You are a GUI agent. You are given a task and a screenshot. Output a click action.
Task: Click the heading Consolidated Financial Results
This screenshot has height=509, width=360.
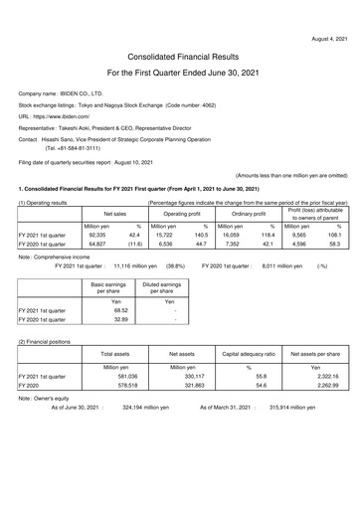[x=180, y=58]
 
